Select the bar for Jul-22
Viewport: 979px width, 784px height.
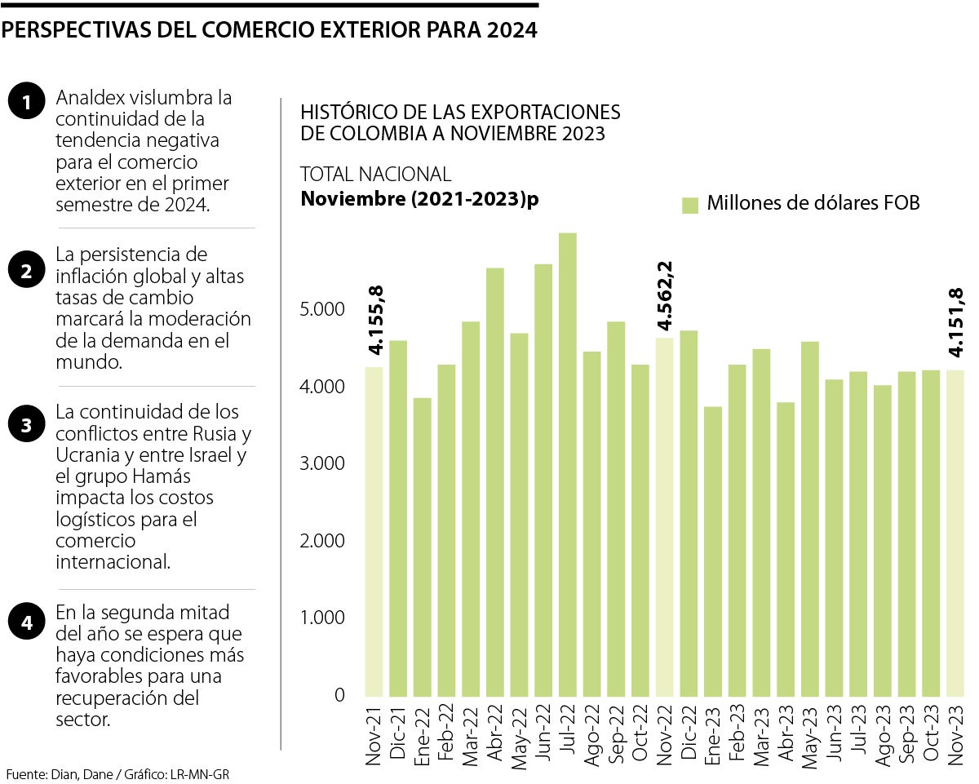pos(568,465)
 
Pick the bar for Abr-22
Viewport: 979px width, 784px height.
pos(495,482)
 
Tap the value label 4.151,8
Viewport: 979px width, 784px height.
pos(955,322)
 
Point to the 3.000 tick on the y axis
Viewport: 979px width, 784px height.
pos(322,464)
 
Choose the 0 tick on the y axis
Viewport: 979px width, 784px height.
pos(339,695)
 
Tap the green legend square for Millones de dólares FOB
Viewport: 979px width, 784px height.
pos(690,205)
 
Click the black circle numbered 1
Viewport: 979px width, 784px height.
pos(27,103)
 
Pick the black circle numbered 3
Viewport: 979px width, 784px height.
pos(27,424)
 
